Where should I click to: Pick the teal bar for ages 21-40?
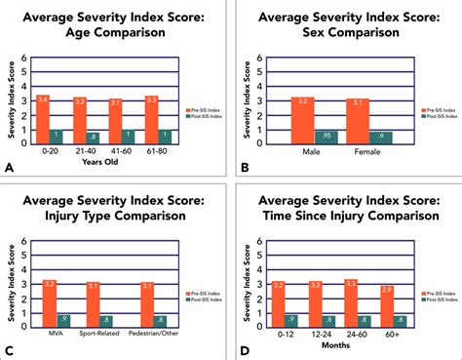tap(93, 138)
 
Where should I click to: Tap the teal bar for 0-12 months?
tap(291, 320)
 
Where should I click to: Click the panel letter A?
tap(9, 168)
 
